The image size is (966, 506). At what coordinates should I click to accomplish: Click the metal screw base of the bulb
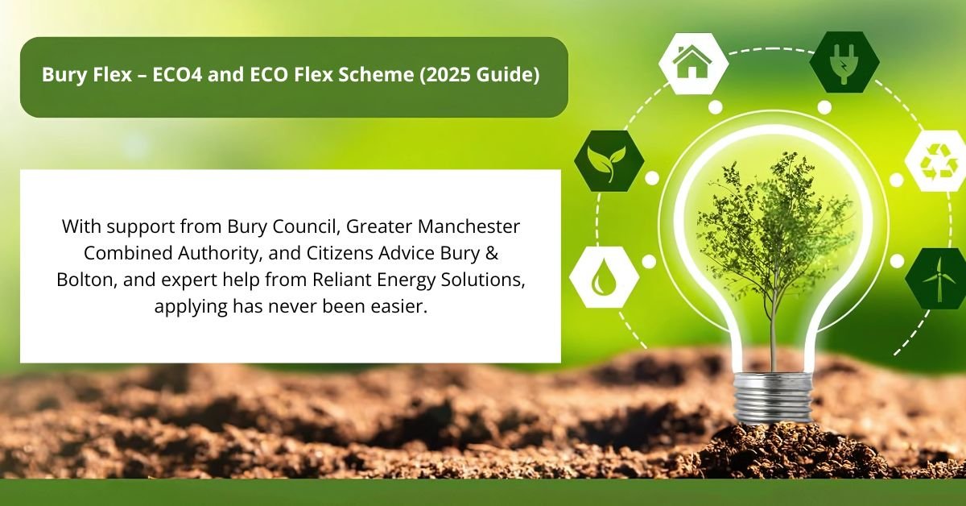[772, 399]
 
